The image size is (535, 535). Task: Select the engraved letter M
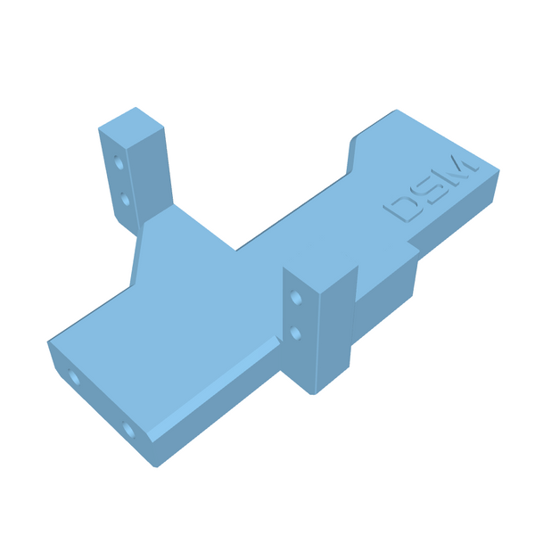(460, 169)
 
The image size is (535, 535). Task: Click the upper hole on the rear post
(119, 163)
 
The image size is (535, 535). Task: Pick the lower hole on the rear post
(125, 200)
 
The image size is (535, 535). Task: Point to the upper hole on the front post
(296, 298)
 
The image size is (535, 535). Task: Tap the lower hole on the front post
(296, 333)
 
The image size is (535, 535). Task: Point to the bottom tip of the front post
(314, 392)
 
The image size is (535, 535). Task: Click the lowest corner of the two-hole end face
(155, 465)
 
